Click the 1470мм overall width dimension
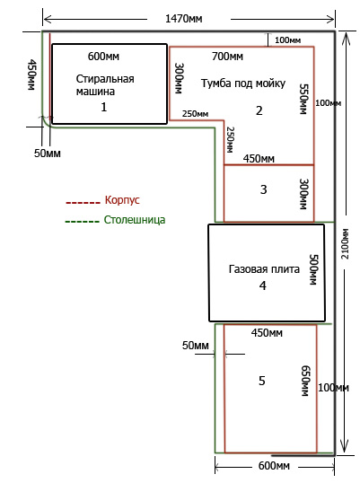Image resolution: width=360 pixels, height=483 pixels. click(x=184, y=19)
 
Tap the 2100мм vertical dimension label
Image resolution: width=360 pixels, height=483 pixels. click(x=346, y=244)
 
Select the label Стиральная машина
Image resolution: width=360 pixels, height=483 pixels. click(x=105, y=85)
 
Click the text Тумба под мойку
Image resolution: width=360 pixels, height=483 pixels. click(x=243, y=83)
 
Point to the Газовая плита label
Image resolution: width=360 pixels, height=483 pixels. click(x=264, y=269)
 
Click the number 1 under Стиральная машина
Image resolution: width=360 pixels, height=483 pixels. click(x=104, y=107)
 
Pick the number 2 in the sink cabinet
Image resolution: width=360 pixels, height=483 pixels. click(x=259, y=110)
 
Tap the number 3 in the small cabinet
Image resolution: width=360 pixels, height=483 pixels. click(x=263, y=189)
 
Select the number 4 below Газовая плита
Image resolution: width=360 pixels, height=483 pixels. click(x=262, y=285)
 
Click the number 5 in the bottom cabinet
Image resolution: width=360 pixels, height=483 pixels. click(x=262, y=381)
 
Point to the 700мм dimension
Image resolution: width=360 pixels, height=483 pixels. click(x=227, y=57)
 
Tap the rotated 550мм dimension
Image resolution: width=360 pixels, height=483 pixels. click(x=304, y=99)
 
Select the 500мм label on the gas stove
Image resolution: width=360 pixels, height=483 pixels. click(x=313, y=269)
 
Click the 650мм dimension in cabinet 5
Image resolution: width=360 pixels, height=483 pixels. click(x=305, y=381)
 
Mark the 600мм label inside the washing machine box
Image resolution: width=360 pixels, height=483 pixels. click(x=103, y=57)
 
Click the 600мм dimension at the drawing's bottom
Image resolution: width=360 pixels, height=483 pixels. click(x=274, y=465)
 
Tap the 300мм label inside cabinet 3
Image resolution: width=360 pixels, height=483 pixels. click(x=304, y=194)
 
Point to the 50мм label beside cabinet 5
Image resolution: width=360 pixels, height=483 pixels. click(x=195, y=346)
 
